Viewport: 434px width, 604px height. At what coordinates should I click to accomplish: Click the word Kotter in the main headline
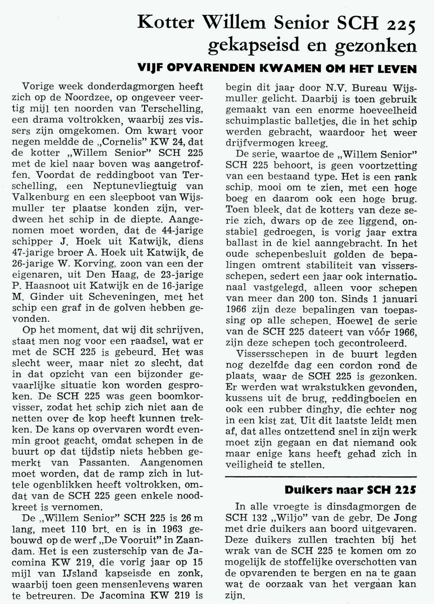point(166,23)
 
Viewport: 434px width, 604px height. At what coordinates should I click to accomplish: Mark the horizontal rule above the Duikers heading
point(321,477)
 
